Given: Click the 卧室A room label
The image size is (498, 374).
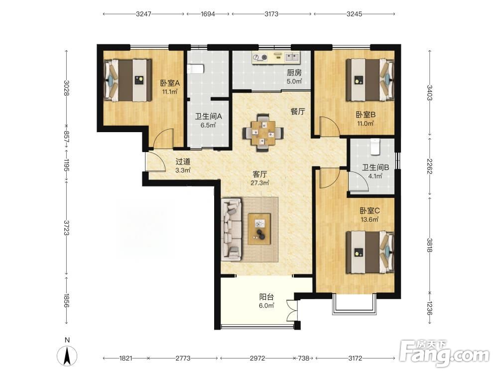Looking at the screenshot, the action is point(170,83).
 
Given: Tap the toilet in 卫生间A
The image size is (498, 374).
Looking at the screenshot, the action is point(196,69).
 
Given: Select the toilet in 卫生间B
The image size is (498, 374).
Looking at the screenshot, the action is point(375,147).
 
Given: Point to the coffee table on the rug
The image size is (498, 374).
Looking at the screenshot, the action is point(259,229).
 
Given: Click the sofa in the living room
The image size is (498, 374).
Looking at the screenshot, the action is point(231,229).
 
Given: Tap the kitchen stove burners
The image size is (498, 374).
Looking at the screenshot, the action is point(260,57).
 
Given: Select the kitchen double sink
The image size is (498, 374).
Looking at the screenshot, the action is point(292,57).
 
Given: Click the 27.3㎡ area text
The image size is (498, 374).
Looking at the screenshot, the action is point(260,183).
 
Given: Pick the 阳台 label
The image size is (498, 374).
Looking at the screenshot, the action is point(266,297).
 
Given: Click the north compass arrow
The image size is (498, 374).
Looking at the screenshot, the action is point(67,356).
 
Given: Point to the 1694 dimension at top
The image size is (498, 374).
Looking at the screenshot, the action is point(208,14).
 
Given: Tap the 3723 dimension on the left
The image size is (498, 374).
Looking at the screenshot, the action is point(66,228).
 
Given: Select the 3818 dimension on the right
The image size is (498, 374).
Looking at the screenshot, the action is point(430,245).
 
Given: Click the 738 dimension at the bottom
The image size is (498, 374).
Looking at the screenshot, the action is point(303,358).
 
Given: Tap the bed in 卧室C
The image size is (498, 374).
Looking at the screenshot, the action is point(371,252).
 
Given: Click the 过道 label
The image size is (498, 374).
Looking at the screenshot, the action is point(183,162).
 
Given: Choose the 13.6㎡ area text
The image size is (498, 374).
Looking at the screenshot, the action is point(370,219).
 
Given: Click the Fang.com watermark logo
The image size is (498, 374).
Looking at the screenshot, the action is point(444,353).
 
